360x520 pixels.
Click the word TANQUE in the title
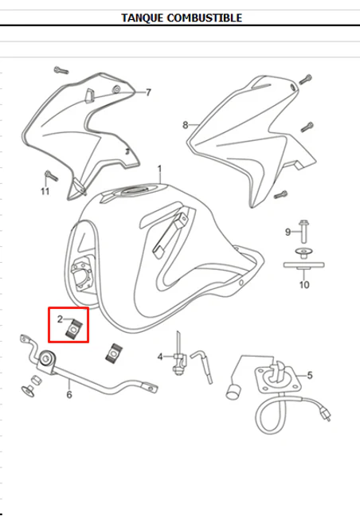coord(143,18)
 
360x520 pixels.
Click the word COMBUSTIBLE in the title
coord(205,18)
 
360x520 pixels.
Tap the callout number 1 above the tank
coord(159,169)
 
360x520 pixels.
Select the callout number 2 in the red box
coord(60,319)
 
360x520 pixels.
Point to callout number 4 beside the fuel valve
coord(160,357)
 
